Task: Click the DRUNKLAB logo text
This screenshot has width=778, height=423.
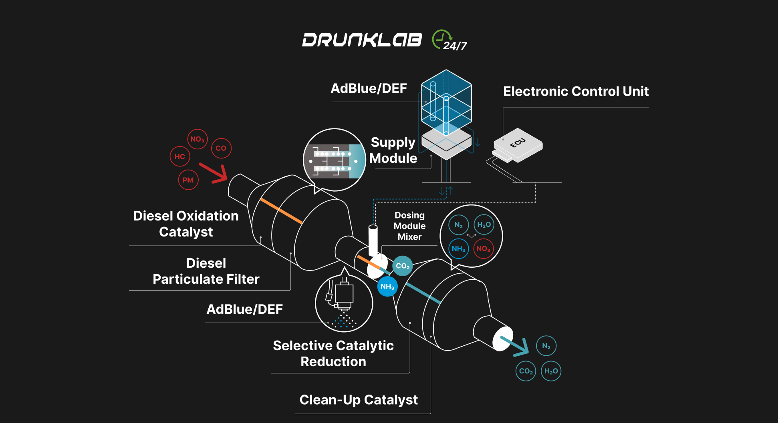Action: pos(362,40)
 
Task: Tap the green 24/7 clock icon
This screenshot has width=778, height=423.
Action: pos(442,39)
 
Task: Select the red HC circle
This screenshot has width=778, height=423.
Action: pos(180,156)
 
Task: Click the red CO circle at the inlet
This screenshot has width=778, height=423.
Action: pos(221,148)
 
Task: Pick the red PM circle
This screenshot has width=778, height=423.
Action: pos(188,180)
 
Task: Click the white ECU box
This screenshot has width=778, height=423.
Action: pos(518,145)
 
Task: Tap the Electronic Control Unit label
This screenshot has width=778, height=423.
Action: pos(576,91)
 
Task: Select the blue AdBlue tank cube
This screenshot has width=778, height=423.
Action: pos(446,102)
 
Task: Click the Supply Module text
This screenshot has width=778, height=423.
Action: pos(393,150)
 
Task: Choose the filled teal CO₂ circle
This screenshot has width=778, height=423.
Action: pos(403,266)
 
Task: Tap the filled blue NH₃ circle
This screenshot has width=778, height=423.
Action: pos(387,287)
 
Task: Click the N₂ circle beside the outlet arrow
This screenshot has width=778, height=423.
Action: pos(546,346)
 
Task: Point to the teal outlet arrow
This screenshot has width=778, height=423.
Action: pos(516,346)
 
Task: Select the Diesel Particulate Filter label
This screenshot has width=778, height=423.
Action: pos(206,271)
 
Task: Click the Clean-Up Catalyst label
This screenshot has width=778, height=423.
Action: pos(359,400)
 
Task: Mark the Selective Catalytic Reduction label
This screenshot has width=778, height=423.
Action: pos(333,353)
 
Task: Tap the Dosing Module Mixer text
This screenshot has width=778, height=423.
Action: pos(409,226)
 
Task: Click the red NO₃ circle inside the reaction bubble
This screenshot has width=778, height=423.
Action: pos(483,249)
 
